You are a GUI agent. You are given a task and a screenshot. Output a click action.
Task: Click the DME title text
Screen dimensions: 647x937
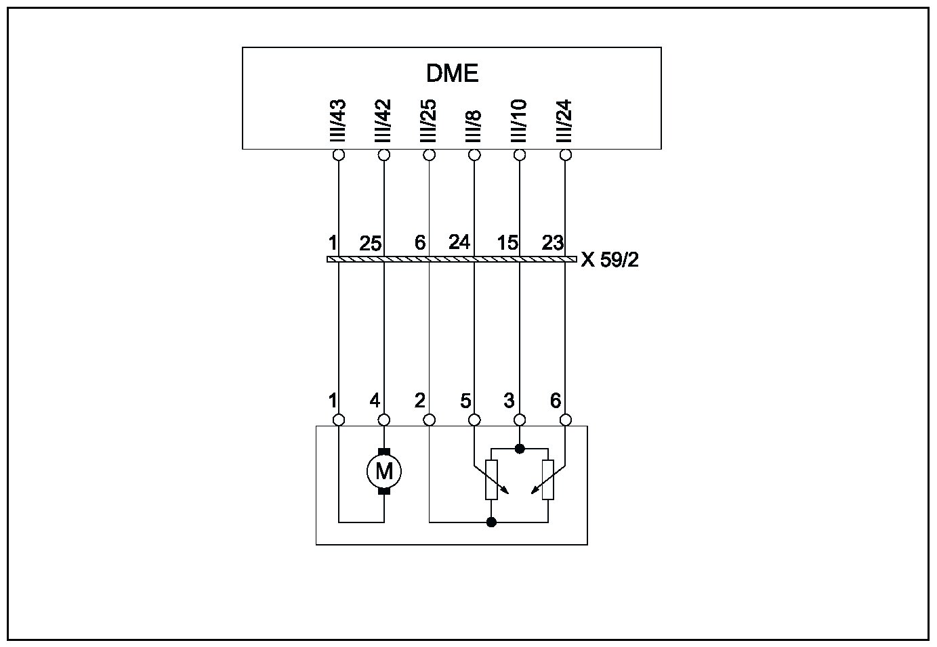[x=452, y=73]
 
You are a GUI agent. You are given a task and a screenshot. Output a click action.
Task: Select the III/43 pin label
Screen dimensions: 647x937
[x=338, y=121]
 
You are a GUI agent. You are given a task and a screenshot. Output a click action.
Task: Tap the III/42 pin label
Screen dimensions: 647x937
[x=383, y=121]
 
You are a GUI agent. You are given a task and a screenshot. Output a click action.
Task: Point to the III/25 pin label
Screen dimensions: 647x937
[x=428, y=121]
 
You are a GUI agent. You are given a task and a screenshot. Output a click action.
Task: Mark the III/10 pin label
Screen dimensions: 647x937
[x=520, y=121]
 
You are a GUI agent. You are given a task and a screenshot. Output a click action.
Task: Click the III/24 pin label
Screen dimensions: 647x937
[x=564, y=121]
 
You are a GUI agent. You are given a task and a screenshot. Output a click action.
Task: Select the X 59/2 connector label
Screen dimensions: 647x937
[x=609, y=260]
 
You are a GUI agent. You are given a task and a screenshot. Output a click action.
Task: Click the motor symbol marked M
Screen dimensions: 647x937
[x=384, y=470]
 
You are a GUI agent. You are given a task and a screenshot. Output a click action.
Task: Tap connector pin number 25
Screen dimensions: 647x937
[x=371, y=244]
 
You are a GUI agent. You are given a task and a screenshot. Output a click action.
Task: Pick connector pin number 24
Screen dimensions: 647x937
[x=459, y=242]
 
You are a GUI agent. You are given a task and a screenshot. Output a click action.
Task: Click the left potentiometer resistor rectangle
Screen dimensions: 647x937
[x=492, y=479]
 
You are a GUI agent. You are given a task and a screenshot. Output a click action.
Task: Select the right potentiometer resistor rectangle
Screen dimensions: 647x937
[x=548, y=479]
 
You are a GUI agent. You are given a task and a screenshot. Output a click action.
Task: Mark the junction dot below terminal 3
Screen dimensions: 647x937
[x=520, y=448]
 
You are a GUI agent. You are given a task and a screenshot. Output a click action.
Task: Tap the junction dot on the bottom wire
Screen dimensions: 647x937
[x=492, y=522]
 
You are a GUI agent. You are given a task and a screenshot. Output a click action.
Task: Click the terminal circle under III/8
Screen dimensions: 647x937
[x=474, y=155]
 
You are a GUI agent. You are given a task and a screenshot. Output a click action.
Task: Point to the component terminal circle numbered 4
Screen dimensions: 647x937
[x=384, y=420]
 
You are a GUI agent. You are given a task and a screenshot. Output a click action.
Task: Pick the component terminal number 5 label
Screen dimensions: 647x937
[x=465, y=401]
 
